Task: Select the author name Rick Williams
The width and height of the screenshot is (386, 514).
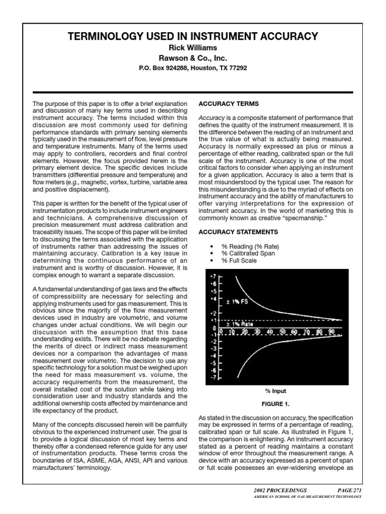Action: click(192, 48)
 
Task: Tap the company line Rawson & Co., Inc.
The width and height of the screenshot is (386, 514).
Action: click(192, 58)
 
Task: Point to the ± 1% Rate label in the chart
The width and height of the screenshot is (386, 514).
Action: click(240, 324)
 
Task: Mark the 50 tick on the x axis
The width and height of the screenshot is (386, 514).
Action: click(283, 332)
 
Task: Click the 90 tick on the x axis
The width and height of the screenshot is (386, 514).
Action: click(332, 332)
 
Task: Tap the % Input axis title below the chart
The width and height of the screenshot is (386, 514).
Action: click(275, 391)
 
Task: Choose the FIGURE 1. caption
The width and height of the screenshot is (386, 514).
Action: click(275, 403)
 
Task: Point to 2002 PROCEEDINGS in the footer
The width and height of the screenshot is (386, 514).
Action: click(280, 489)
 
